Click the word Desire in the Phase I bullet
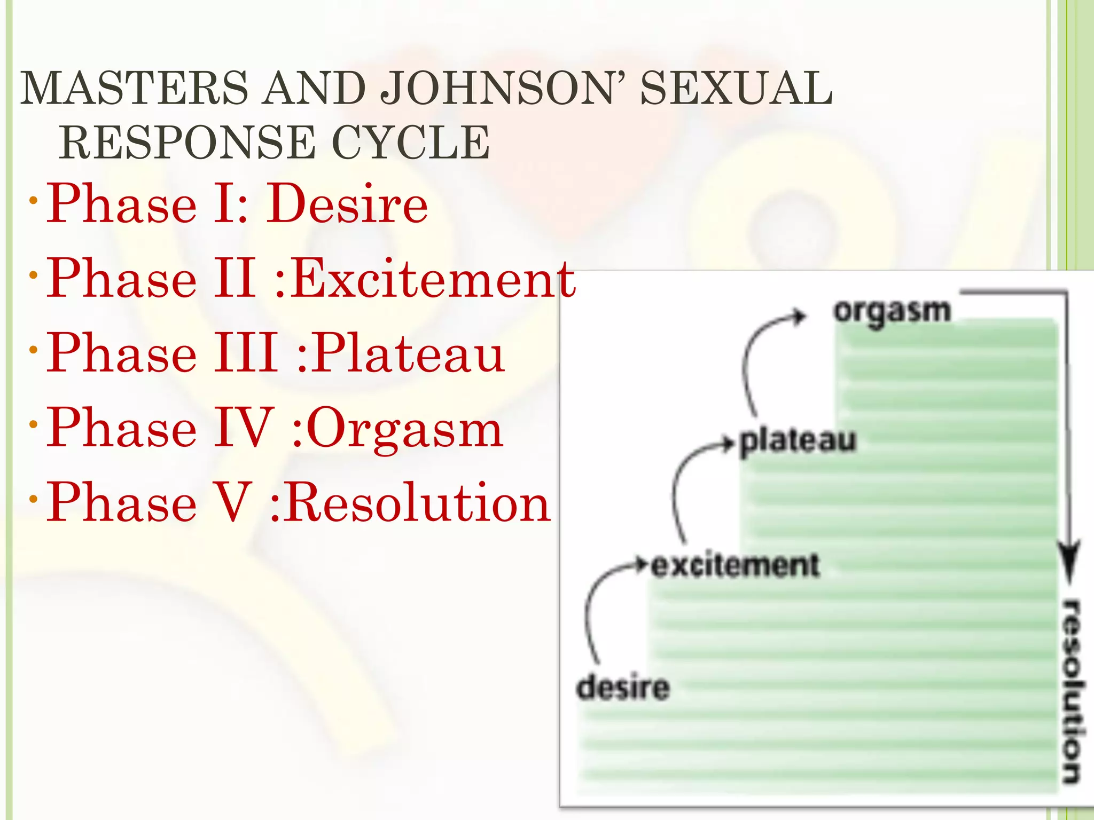coord(348,204)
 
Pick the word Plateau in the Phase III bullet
coord(408,353)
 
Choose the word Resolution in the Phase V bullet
coord(417,503)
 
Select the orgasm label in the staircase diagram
coord(892,311)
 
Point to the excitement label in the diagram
coord(735,565)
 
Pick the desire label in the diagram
coord(623,687)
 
